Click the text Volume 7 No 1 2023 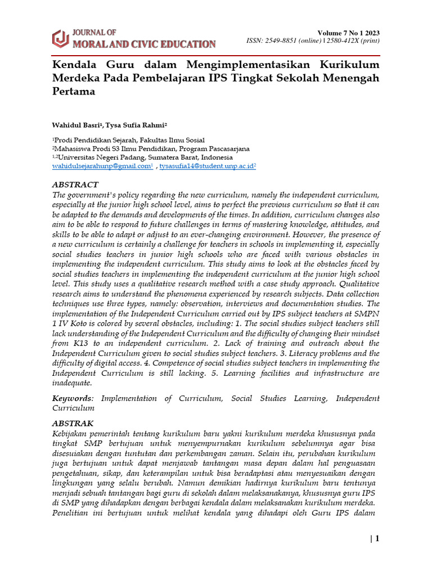349,33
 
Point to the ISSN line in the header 313,41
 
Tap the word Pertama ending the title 73,91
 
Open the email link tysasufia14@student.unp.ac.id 206,166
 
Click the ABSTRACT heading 75,184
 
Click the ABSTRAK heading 73,423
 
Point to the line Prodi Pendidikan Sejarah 129,140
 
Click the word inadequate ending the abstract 71,383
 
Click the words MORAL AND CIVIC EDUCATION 143,43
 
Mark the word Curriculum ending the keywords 73,408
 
